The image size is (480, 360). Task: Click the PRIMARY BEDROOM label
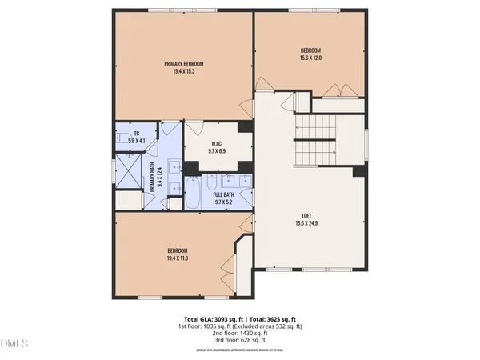click(x=184, y=64)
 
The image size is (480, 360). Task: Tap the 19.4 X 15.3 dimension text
click(x=184, y=72)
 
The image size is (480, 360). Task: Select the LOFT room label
click(x=306, y=215)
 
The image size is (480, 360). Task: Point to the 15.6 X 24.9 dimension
click(x=306, y=223)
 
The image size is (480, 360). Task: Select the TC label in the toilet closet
click(x=135, y=133)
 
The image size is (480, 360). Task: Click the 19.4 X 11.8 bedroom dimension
click(x=182, y=257)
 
